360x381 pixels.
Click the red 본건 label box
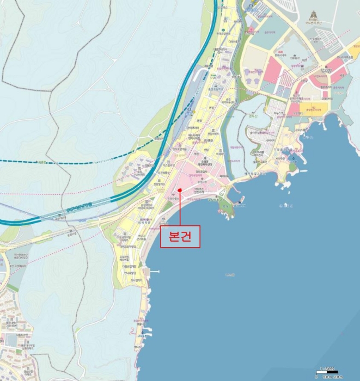click(180, 237)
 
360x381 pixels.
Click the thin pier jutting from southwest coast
click(152, 271)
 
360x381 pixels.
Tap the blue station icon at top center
click(250, 8)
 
